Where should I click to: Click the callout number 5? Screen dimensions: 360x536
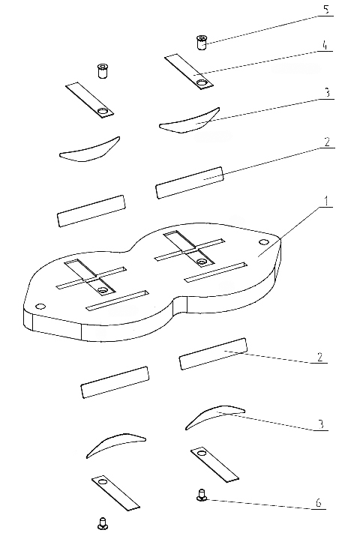tap(327, 10)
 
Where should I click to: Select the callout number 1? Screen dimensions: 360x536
tap(326, 201)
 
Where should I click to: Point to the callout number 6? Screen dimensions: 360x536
tap(318, 503)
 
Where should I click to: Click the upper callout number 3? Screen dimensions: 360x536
tap(328, 92)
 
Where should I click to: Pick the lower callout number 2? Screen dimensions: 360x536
tap(319, 357)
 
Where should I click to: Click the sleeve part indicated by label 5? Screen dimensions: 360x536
tap(202, 42)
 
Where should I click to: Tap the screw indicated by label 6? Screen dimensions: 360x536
tap(201, 495)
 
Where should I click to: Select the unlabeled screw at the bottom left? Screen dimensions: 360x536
tap(102, 524)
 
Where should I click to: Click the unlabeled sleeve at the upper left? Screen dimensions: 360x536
tap(102, 70)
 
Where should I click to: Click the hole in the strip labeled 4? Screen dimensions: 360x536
tap(202, 82)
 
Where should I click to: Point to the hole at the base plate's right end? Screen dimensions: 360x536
tap(263, 242)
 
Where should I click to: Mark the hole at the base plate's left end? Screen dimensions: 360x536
tap(40, 306)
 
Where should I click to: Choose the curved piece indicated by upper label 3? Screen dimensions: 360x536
tap(190, 121)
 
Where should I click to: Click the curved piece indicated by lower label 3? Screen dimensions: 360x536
tap(215, 417)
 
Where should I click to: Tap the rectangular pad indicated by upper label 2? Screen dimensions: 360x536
tap(190, 183)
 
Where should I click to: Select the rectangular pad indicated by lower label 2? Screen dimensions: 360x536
tap(213, 354)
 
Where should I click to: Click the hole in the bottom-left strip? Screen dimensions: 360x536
tap(103, 482)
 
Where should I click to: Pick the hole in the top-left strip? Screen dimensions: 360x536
tap(102, 111)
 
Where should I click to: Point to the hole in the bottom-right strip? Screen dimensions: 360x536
tap(201, 454)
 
